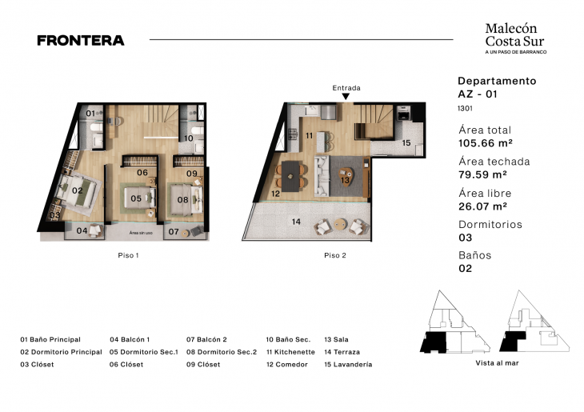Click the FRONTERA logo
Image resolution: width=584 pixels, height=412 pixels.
pyautogui.click(x=80, y=40)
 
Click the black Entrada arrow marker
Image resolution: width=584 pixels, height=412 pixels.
pyautogui.click(x=346, y=97)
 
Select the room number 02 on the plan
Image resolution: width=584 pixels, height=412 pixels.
pyautogui.click(x=78, y=190)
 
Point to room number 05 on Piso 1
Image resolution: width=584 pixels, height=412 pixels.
pyautogui.click(x=136, y=198)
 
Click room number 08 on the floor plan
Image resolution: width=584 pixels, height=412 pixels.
pyautogui.click(x=182, y=199)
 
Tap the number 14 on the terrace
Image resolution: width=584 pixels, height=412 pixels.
pyautogui.click(x=296, y=222)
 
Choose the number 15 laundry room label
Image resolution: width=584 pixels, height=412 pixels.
pyautogui.click(x=406, y=142)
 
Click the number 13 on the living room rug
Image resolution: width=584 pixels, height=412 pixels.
pyautogui.click(x=345, y=180)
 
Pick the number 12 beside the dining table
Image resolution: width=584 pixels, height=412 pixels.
pyautogui.click(x=275, y=194)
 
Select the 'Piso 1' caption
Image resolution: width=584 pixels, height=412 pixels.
pyautogui.click(x=128, y=256)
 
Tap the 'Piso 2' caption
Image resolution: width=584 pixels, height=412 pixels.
pyautogui.click(x=334, y=256)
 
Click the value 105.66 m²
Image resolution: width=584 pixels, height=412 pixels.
pyautogui.click(x=485, y=144)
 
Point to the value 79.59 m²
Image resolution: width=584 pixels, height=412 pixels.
pyautogui.click(x=482, y=175)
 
